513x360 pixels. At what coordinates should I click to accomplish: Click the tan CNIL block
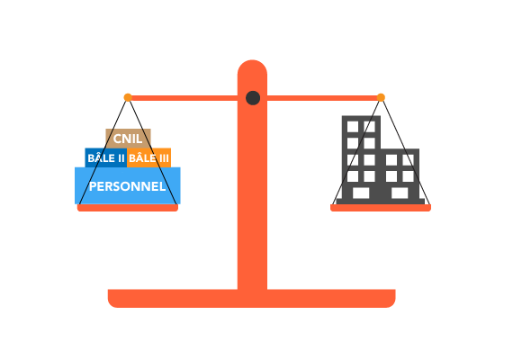[128, 139]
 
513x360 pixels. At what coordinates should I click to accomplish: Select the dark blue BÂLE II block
[106, 157]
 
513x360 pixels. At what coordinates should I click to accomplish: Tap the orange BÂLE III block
[148, 157]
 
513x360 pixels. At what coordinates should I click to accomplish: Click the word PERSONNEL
[127, 186]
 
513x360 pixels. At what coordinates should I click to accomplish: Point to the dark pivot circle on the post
[253, 98]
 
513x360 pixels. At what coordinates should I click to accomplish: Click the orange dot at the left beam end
[128, 97]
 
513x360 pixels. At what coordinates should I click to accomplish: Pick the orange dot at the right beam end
[381, 97]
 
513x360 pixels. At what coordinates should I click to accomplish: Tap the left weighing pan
[128, 208]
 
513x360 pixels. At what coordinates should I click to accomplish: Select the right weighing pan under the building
[381, 208]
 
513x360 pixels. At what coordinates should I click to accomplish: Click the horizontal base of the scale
[252, 299]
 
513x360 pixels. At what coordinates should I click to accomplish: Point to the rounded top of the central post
[252, 67]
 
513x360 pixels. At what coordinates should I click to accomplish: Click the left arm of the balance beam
[184, 98]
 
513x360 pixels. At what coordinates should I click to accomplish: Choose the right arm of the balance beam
[322, 98]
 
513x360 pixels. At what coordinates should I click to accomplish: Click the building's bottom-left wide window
[361, 193]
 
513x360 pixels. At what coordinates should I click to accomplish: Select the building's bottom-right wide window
[400, 193]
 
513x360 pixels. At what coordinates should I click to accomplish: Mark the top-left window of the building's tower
[353, 127]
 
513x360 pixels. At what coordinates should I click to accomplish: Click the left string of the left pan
[103, 152]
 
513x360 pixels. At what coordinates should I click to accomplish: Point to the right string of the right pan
[406, 152]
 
